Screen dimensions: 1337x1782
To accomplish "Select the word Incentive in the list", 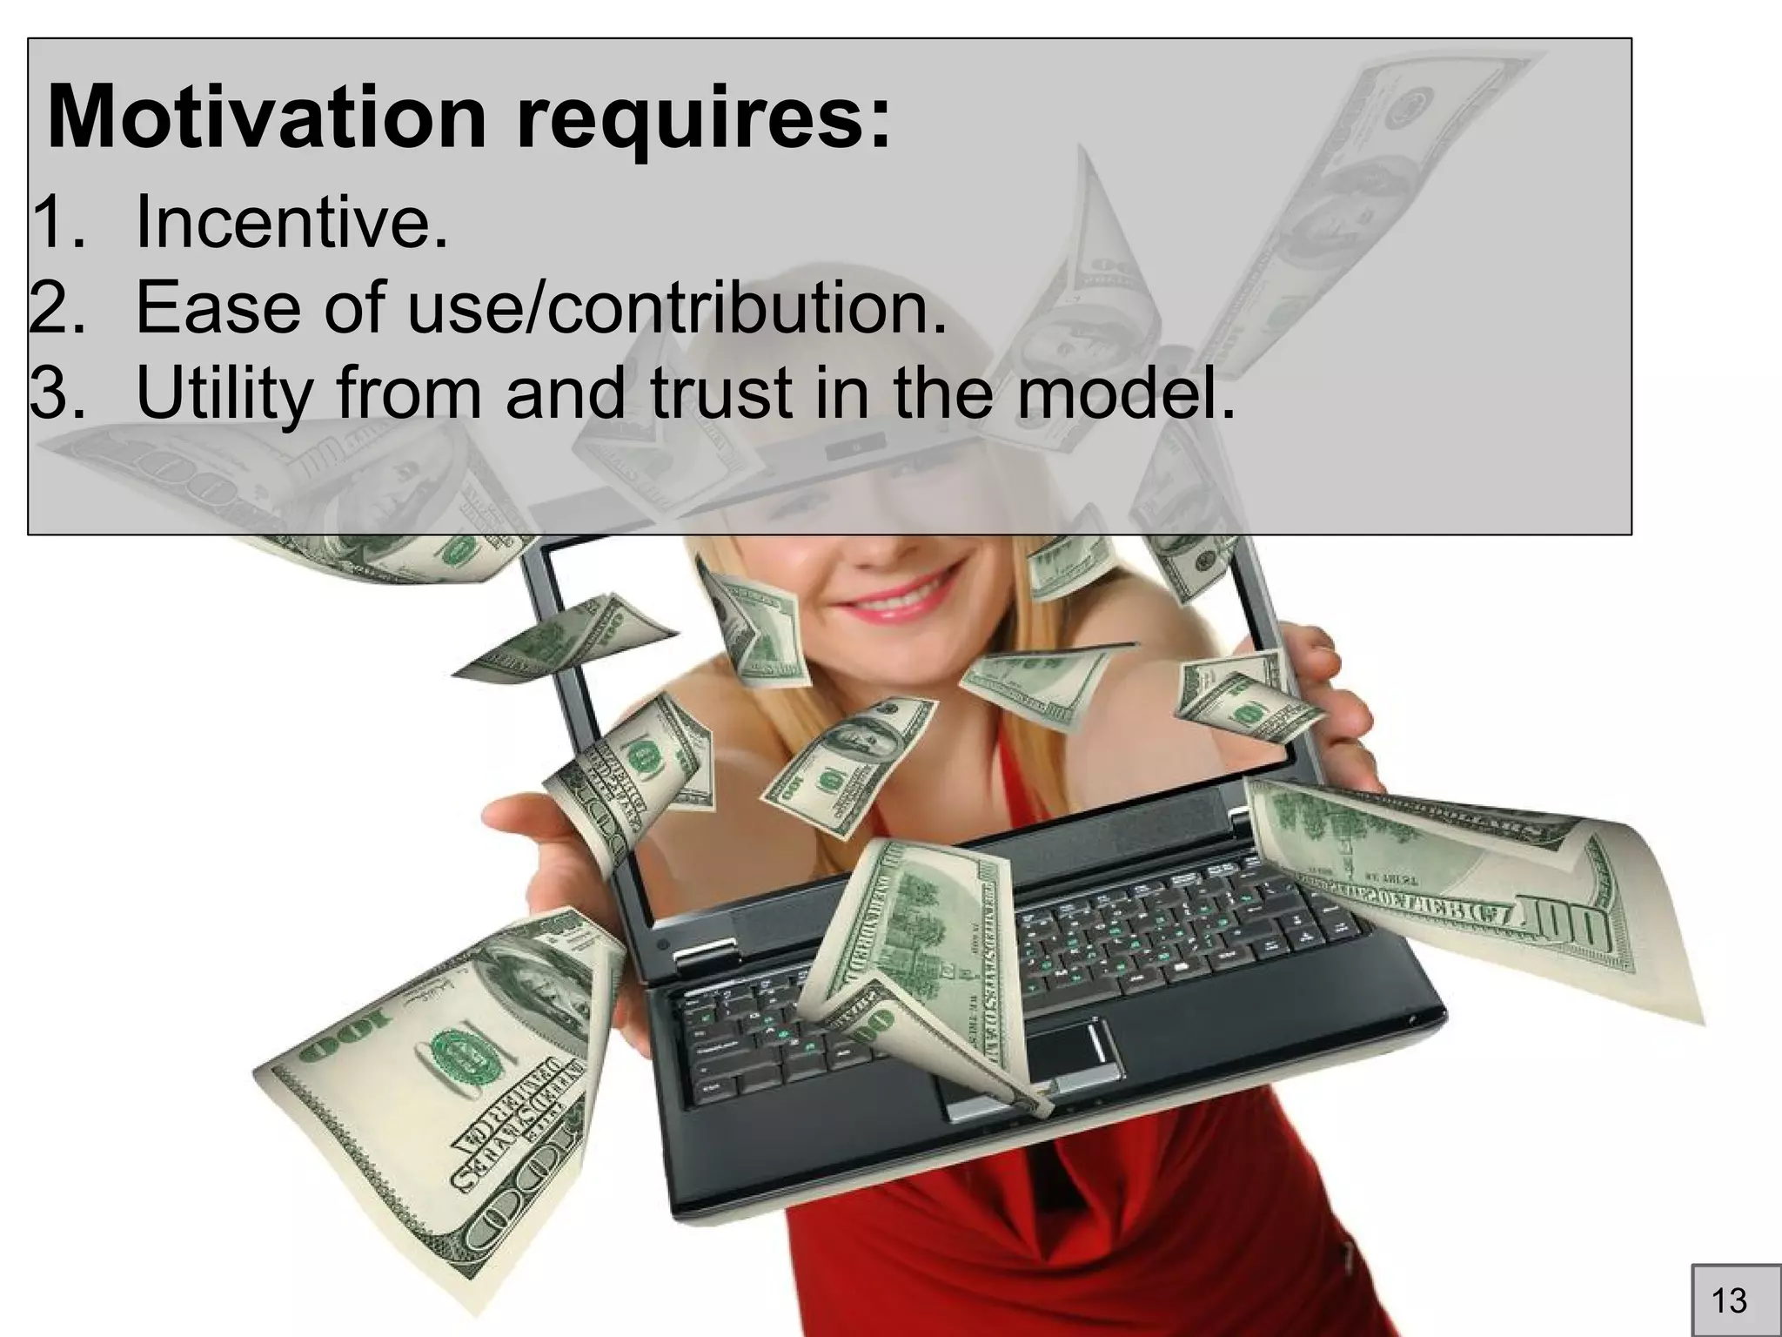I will click(291, 222).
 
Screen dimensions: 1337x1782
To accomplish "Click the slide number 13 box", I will click(1728, 1300).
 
